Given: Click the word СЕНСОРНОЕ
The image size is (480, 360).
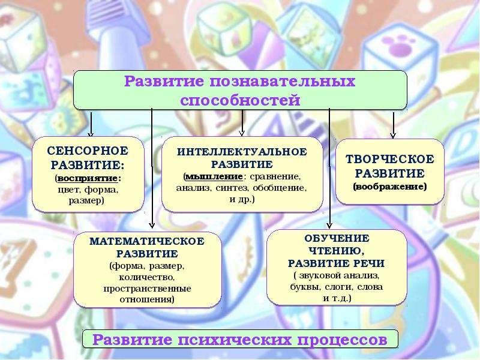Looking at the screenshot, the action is (x=88, y=151).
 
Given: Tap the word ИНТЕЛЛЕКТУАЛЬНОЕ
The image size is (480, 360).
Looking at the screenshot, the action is (x=242, y=152).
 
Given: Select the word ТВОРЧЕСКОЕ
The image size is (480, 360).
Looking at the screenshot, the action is (x=389, y=159).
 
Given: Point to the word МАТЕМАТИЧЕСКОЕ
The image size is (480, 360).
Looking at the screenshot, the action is (x=147, y=241).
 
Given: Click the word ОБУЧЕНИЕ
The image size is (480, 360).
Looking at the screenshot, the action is (x=337, y=238).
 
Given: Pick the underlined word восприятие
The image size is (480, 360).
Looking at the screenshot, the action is (x=88, y=178).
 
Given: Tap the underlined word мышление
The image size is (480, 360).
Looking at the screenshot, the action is (x=214, y=176).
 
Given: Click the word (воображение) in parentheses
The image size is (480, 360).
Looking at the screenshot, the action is (x=389, y=187).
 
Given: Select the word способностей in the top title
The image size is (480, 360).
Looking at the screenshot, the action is (x=240, y=100).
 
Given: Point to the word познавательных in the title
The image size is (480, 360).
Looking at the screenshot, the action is (x=282, y=82).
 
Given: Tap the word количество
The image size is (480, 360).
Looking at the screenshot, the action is (x=146, y=277).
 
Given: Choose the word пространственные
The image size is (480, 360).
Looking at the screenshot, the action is (x=147, y=289).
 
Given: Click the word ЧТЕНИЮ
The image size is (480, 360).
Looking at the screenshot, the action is (x=337, y=251).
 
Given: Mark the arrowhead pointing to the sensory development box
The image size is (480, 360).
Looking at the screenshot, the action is (x=91, y=134).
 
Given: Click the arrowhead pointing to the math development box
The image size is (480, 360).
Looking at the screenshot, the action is (x=152, y=226).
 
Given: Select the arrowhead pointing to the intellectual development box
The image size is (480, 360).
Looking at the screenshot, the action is (x=242, y=133).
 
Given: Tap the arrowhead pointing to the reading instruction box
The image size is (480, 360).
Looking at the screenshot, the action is (x=329, y=225).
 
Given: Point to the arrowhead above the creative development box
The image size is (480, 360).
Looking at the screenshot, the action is (x=394, y=135).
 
